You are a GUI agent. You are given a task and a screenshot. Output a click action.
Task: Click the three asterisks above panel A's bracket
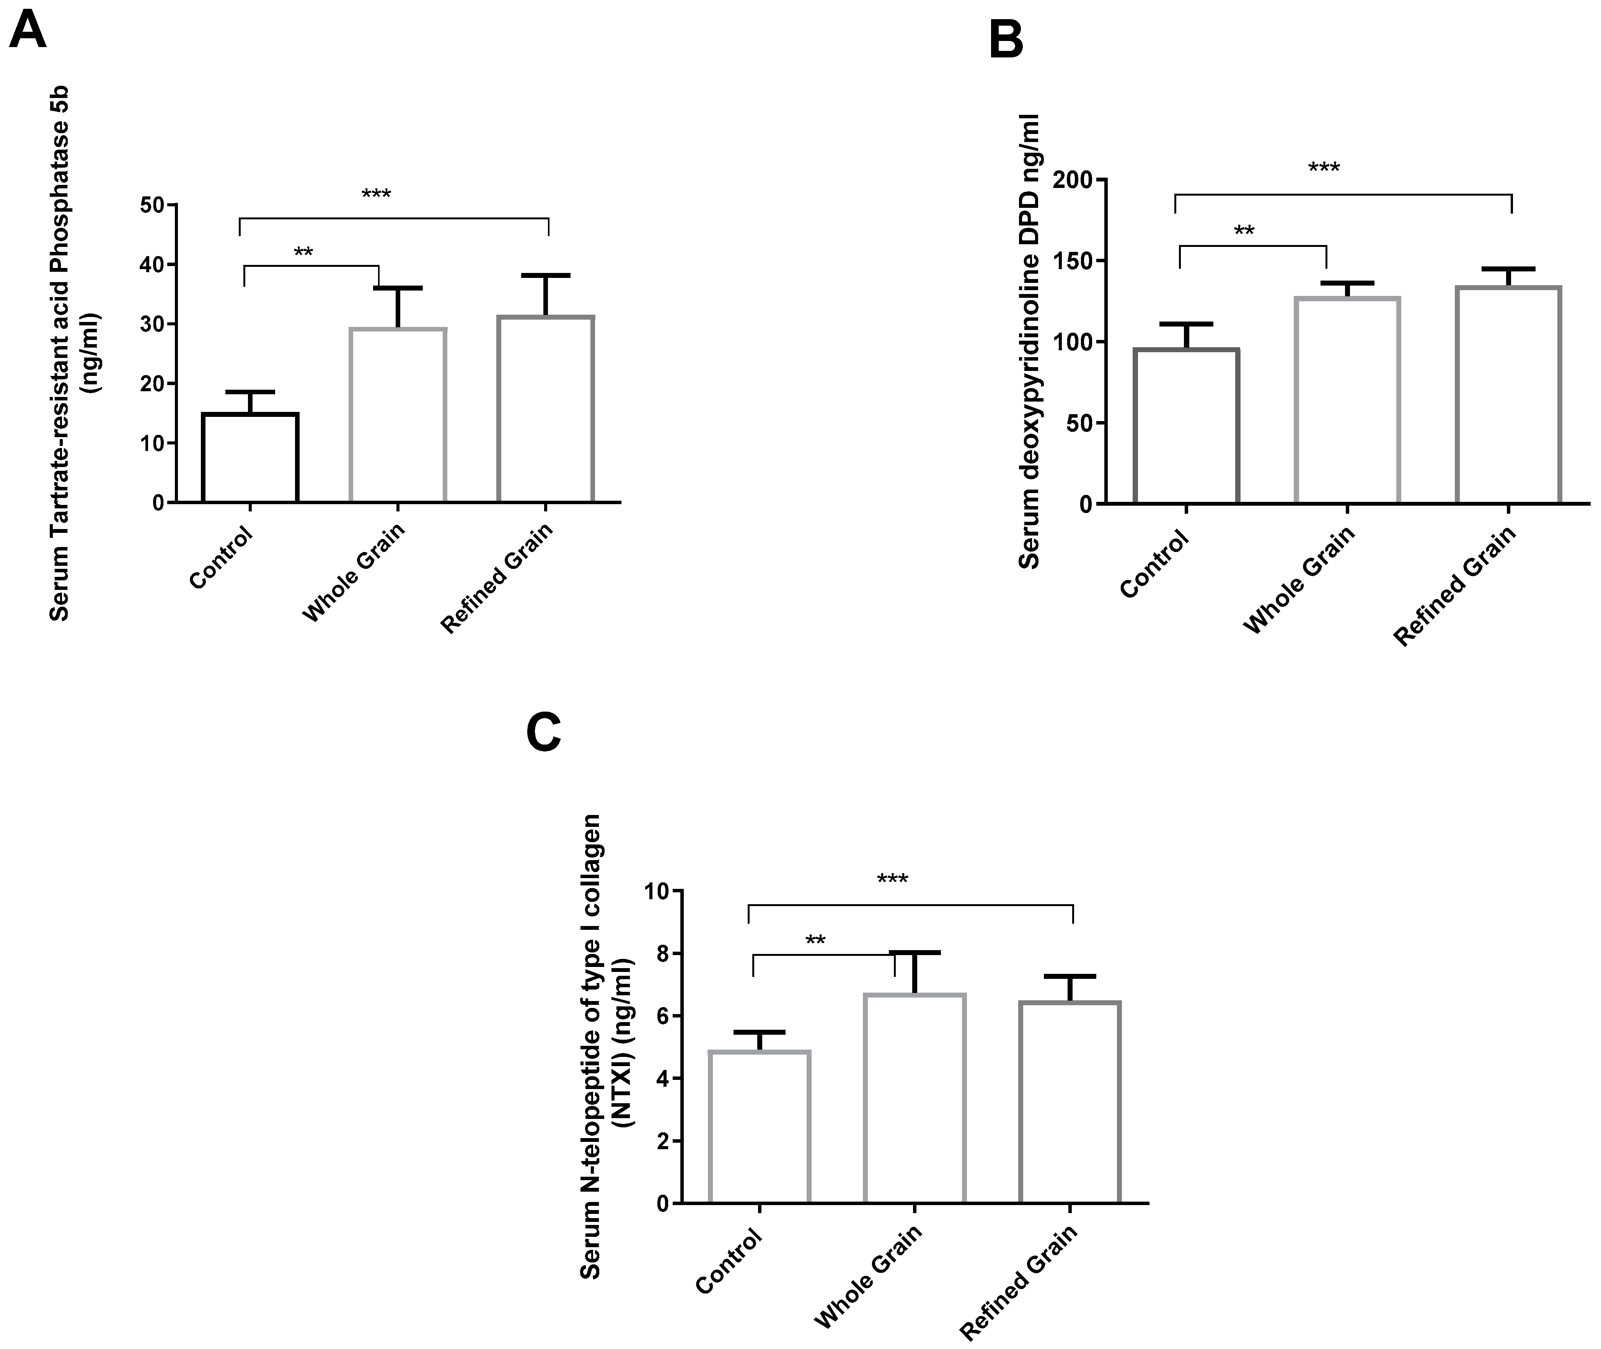click(x=376, y=194)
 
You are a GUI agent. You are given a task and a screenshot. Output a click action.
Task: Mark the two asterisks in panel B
click(x=1244, y=230)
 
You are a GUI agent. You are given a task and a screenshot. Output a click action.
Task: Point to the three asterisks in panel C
click(x=892, y=879)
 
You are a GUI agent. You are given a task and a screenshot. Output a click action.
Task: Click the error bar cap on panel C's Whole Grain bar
click(x=915, y=952)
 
